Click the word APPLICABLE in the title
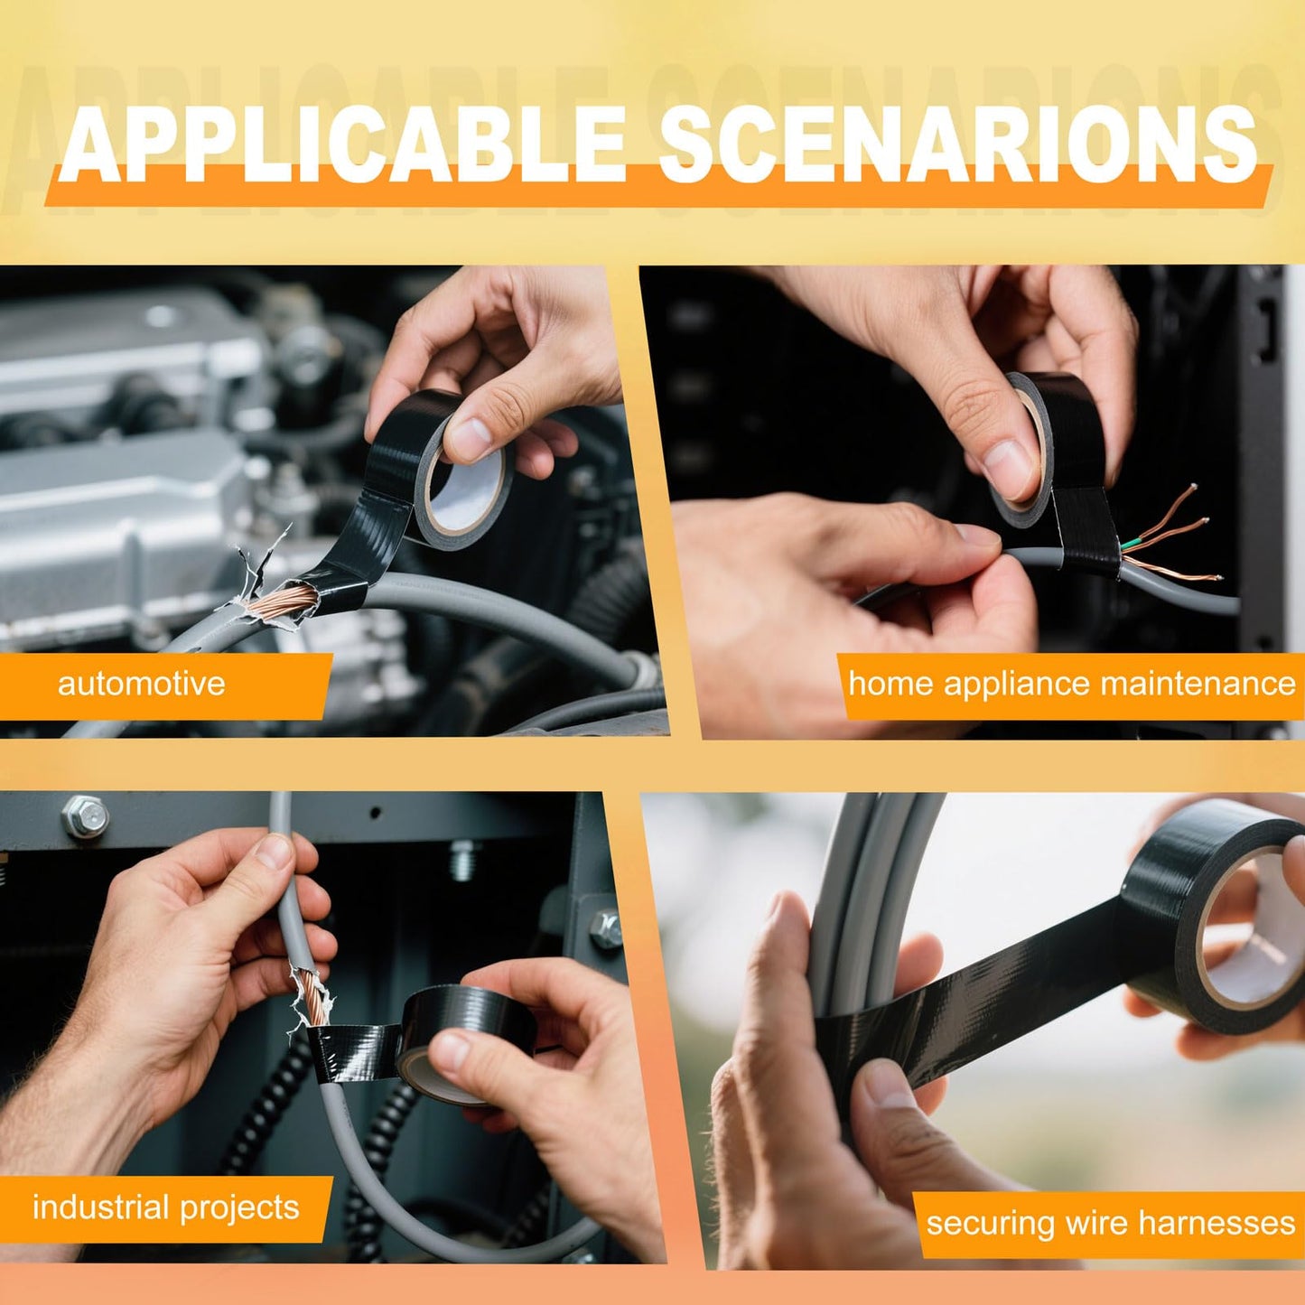(x=343, y=144)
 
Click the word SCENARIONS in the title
(x=957, y=144)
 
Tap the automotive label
(x=141, y=684)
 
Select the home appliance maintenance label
(x=1071, y=684)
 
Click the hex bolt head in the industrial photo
(x=85, y=817)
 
